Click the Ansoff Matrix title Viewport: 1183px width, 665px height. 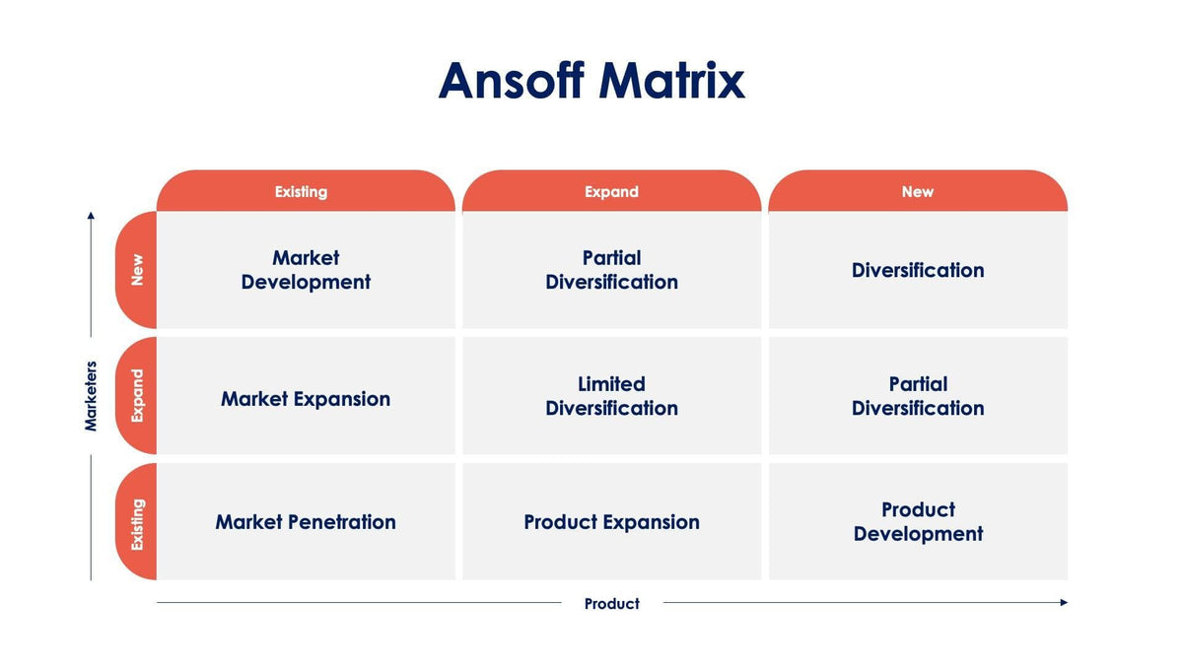click(591, 81)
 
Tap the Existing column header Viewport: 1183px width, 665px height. click(306, 190)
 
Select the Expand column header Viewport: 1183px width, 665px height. click(611, 190)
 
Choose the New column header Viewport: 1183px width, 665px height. click(918, 190)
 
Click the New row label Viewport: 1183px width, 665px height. click(136, 270)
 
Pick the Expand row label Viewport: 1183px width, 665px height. click(136, 395)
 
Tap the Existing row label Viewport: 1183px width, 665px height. click(136, 521)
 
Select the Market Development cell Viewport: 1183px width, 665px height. click(306, 270)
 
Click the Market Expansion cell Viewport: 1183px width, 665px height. click(306, 395)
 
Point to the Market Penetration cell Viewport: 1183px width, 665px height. click(306, 521)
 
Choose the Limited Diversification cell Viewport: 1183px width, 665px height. click(611, 395)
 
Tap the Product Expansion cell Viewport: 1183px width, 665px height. click(611, 521)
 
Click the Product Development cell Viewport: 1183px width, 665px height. click(918, 521)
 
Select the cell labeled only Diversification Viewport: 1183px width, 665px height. click(918, 270)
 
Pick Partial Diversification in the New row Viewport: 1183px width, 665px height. click(611, 270)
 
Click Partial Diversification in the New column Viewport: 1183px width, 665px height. click(918, 395)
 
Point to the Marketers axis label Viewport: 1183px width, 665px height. click(91, 396)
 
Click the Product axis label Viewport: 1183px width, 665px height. click(611, 603)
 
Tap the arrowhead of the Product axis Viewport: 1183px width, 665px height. click(1064, 602)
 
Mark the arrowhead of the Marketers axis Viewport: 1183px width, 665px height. click(91, 216)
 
